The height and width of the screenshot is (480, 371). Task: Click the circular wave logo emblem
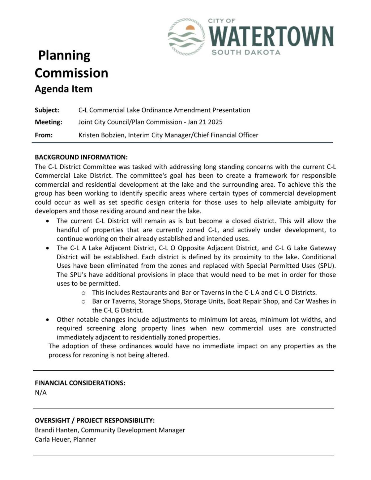(186, 37)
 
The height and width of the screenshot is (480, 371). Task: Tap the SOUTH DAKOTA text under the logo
(246, 53)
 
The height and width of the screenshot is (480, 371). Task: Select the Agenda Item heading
(63, 89)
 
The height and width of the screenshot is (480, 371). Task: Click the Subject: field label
(47, 110)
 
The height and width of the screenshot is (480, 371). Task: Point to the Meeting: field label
(49, 122)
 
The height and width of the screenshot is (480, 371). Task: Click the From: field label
(44, 135)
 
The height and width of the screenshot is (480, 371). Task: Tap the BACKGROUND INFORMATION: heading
(81, 157)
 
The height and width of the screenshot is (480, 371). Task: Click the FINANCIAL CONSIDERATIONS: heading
(80, 383)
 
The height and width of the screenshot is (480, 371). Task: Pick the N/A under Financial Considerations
(41, 393)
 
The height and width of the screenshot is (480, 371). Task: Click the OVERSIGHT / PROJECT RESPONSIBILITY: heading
(95, 421)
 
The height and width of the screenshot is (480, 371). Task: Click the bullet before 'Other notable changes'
(47, 320)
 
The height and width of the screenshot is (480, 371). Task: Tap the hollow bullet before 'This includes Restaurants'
(83, 293)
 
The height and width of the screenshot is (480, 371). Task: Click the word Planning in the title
(64, 56)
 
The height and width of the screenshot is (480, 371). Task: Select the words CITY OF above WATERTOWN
(221, 21)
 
